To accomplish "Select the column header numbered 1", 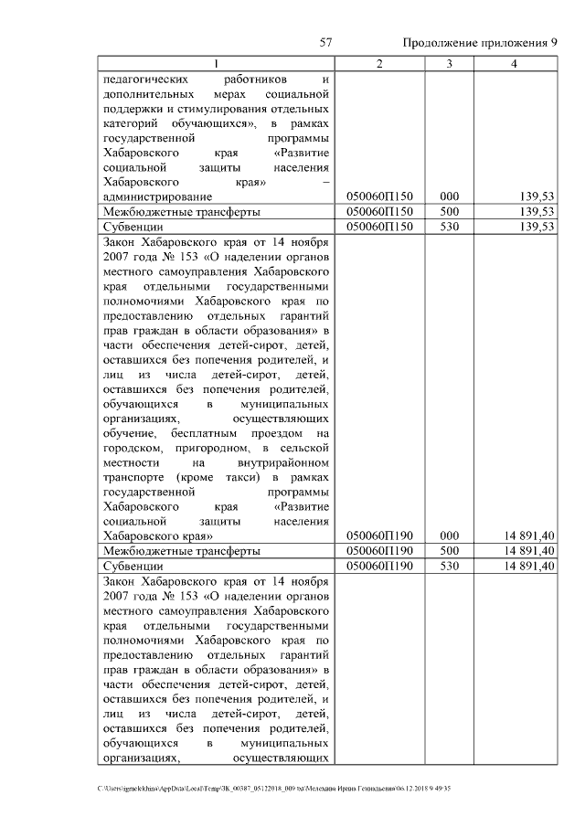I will click(217, 64).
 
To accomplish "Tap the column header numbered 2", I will click(379, 64).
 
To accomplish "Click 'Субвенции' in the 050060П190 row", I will click(133, 566).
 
